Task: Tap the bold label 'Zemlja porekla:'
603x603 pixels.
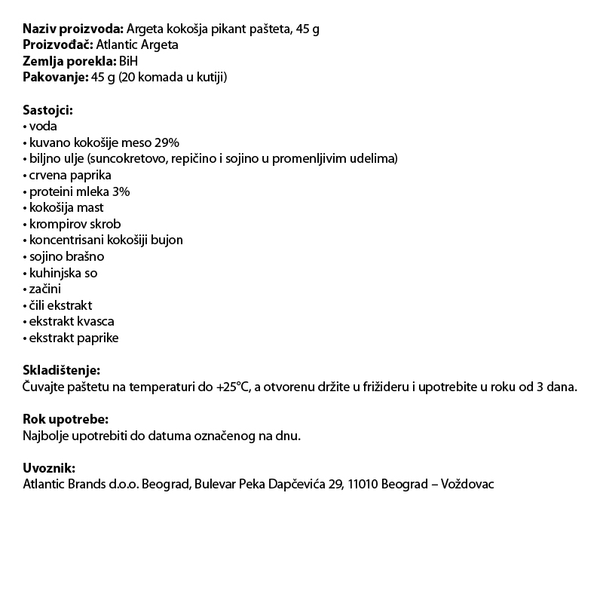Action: (69, 61)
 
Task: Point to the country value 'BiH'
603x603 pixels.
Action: (129, 61)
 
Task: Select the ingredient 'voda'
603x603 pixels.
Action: (43, 127)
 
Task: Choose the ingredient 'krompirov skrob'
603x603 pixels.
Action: (75, 224)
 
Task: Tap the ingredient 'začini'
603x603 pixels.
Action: (46, 289)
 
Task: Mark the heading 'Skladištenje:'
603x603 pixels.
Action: (61, 371)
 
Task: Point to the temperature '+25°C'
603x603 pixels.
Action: (232, 387)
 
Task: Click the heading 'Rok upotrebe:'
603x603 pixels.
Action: (65, 419)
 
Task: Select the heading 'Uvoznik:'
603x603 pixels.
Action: (50, 468)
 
